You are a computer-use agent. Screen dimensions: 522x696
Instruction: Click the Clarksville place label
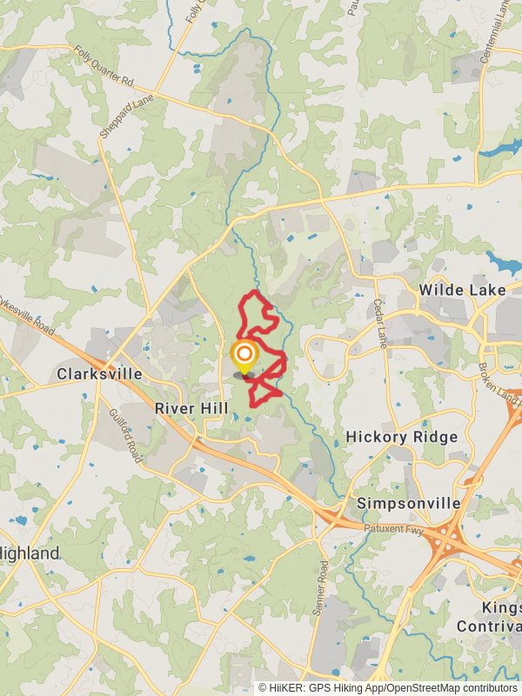click(x=99, y=374)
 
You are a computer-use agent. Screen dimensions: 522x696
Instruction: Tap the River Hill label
click(x=191, y=408)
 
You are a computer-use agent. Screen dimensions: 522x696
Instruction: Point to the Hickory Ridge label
click(x=401, y=436)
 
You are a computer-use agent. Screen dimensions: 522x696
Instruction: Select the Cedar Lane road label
click(x=379, y=323)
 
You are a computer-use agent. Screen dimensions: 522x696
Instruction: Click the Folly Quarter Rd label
click(x=104, y=68)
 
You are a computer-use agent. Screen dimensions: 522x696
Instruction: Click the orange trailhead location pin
click(x=244, y=355)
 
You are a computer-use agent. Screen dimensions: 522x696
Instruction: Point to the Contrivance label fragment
click(x=490, y=626)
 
